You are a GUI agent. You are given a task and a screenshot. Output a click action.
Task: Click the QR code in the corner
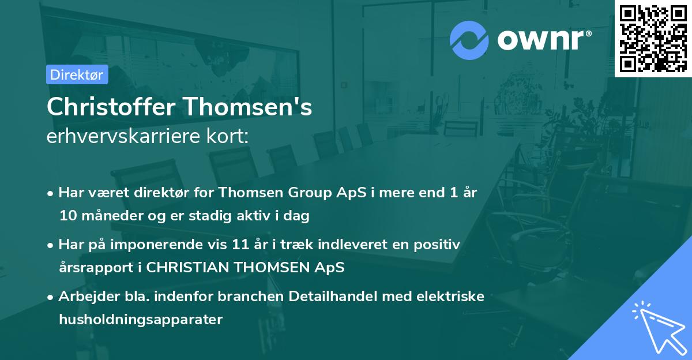pos(653,38)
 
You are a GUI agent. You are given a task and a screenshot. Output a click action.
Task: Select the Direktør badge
pos(77,74)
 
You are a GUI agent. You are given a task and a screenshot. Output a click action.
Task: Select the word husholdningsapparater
pos(140,320)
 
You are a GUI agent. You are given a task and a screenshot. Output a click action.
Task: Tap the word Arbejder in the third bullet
pos(84,297)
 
